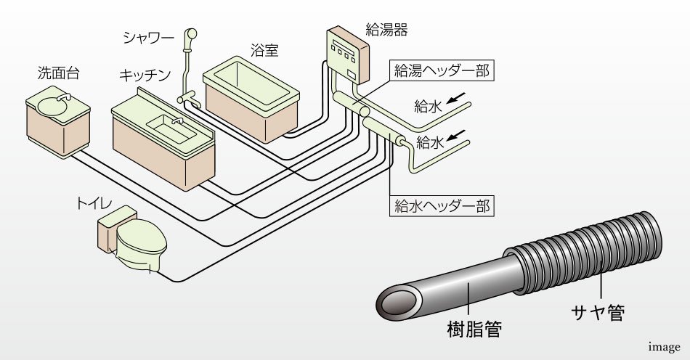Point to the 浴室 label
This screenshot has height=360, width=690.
(264, 52)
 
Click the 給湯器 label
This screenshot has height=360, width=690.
(386, 30)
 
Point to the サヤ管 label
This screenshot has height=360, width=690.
(597, 313)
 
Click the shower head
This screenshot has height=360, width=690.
(191, 33)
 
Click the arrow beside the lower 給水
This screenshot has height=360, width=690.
(457, 134)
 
